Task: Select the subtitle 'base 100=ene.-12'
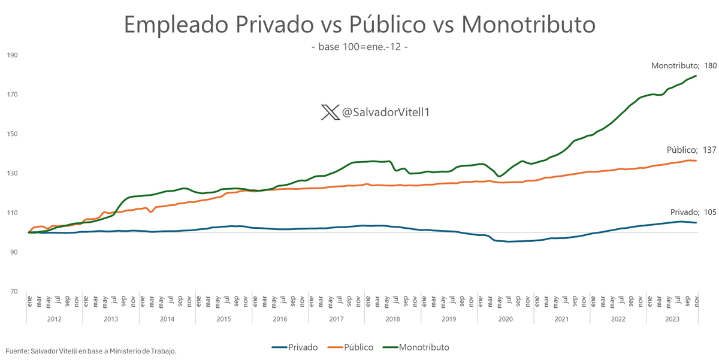(x=359, y=46)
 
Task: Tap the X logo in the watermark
(x=330, y=112)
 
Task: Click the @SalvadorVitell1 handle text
(x=383, y=113)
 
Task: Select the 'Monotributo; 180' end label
(x=684, y=65)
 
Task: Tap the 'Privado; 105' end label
(x=693, y=212)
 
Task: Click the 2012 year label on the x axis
(x=54, y=319)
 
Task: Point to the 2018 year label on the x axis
(x=392, y=319)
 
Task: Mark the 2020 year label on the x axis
(x=505, y=319)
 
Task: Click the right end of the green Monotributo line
(x=696, y=75)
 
